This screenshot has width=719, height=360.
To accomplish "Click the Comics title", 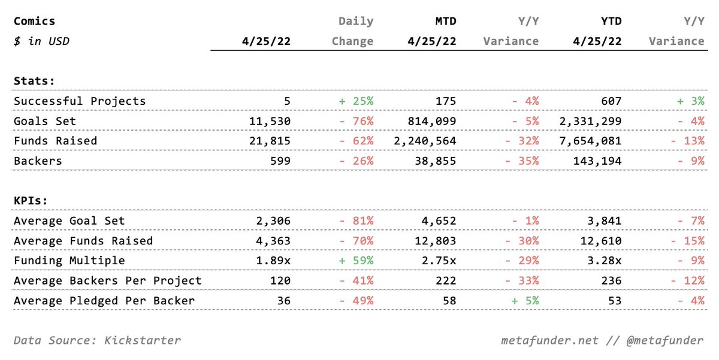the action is point(34,21).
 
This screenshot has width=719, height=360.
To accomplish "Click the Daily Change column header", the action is point(352,31).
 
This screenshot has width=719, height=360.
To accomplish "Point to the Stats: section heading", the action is point(34,81).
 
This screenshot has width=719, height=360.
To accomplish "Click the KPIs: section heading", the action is point(31,201).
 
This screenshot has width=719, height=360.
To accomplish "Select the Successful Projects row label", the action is point(80,101).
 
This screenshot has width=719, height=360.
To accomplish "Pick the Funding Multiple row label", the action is point(70,261).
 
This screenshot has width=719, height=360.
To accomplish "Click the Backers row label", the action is point(38,161).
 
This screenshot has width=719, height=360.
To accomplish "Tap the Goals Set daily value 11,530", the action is point(270,121).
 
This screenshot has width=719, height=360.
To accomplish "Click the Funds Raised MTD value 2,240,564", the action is point(425,141).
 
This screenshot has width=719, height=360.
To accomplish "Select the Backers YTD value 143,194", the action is point(597,161).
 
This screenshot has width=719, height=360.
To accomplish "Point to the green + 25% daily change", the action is point(357,101).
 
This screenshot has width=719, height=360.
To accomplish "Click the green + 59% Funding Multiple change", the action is point(357,261).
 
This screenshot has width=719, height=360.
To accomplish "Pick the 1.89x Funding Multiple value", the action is point(273,261).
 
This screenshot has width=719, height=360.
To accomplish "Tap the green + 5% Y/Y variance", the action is point(525,301).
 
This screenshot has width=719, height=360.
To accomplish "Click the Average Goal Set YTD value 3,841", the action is point(605,221).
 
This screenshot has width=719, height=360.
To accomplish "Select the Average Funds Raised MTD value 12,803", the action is point(435,241).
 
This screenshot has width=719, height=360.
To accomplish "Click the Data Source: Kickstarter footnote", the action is point(97,340).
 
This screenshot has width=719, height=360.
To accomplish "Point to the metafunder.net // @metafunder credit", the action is point(602,340).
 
